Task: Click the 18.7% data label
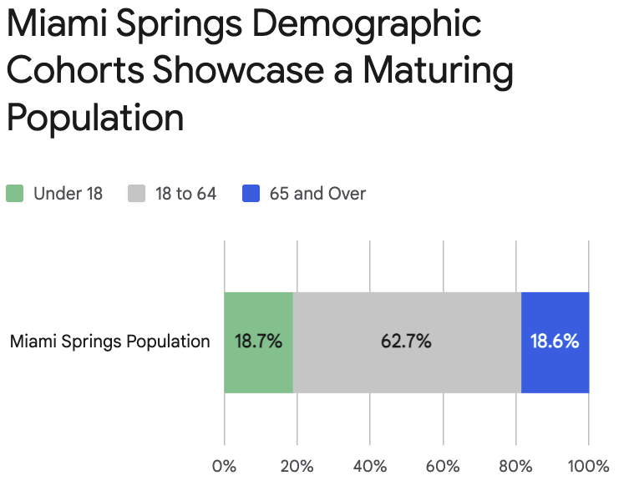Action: click(x=258, y=342)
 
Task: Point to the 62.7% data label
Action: click(x=407, y=342)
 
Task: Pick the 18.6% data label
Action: click(x=555, y=342)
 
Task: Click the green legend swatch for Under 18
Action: click(x=15, y=194)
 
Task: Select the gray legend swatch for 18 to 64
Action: click(x=137, y=194)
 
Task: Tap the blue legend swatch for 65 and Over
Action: click(x=251, y=194)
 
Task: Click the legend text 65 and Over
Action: click(x=317, y=194)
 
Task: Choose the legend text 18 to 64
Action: click(x=185, y=194)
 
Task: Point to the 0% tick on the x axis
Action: click(x=224, y=466)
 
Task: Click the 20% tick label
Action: click(x=297, y=466)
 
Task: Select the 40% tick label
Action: click(x=370, y=466)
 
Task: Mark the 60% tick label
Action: click(x=443, y=466)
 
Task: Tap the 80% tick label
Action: click(x=516, y=466)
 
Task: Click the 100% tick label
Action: click(x=589, y=466)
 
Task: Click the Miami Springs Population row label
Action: click(x=109, y=342)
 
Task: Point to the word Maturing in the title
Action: click(x=429, y=72)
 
